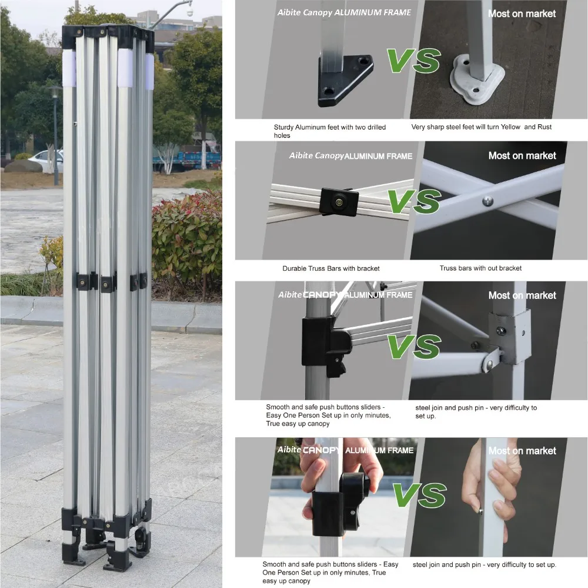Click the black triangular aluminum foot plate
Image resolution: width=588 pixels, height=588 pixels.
344,81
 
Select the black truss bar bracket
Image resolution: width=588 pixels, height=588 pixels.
339,202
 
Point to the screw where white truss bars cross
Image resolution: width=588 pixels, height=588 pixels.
487,201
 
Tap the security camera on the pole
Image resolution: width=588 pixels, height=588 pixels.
189,11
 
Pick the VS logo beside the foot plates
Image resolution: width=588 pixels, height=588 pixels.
413,61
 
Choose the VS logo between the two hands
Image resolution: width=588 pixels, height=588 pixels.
420,494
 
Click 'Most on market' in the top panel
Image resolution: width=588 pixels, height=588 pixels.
522,14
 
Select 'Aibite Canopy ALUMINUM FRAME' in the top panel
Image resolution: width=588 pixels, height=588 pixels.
344,12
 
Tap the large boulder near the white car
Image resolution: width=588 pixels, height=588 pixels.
23,165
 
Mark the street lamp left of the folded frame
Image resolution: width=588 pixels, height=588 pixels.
55,135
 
